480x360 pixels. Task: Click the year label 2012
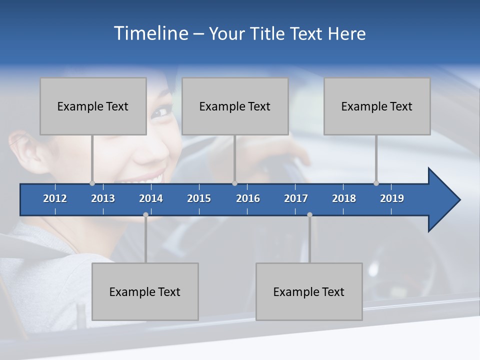[55, 198]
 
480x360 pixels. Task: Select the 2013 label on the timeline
[103, 198]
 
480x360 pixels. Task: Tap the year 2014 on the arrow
[151, 198]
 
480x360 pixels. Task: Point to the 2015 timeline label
[199, 198]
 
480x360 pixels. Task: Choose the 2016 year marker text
[248, 198]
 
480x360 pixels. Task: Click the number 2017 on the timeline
[296, 198]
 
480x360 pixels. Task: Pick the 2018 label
[344, 198]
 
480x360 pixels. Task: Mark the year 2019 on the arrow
[392, 198]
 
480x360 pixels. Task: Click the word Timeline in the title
[150, 33]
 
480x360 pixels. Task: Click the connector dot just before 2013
[92, 183]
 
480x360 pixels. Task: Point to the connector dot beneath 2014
[145, 214]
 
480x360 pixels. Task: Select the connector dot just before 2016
[234, 183]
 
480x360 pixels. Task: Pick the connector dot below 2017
[309, 214]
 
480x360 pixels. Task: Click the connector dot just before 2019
[376, 183]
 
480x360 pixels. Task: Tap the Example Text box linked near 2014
[145, 291]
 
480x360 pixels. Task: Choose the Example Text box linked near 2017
[309, 291]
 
